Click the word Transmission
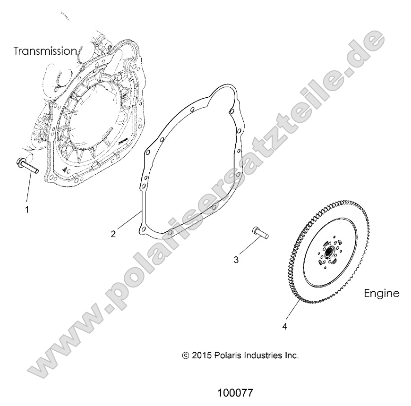(45, 51)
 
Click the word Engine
(381, 293)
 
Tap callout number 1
(27, 209)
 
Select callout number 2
(113, 233)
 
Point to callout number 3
(236, 259)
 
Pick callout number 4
(284, 326)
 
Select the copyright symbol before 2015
(185, 355)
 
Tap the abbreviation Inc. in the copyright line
(291, 355)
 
